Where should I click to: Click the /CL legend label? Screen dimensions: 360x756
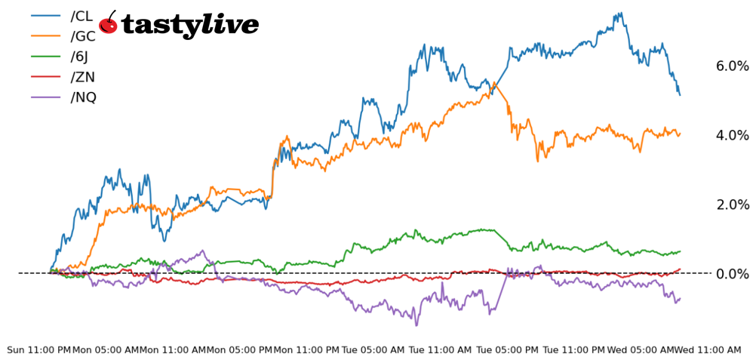pos(81,16)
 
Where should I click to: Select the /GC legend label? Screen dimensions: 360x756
pos(82,36)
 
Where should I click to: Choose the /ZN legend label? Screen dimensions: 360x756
pos(82,77)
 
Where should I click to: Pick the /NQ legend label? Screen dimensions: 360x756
pos(83,97)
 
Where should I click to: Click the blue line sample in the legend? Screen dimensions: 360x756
pos(45,16)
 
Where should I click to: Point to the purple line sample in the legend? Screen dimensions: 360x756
pos(45,97)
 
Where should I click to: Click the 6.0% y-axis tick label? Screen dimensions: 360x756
pos(732,66)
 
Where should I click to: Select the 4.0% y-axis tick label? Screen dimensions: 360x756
pos(732,136)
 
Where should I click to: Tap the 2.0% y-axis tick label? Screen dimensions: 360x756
pos(732,205)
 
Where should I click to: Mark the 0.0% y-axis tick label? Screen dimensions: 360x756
pos(732,274)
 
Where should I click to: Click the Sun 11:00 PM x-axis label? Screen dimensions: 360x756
pos(38,350)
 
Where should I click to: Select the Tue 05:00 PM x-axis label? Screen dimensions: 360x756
pos(508,350)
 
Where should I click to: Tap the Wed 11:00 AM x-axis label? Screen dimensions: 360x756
pos(708,350)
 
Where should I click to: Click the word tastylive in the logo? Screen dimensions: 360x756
pos(189,26)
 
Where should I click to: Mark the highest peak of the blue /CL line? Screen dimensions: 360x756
pos(619,13)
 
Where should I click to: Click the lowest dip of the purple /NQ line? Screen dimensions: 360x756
pos(416,325)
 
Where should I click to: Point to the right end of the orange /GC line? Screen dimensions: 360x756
pos(680,134)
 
